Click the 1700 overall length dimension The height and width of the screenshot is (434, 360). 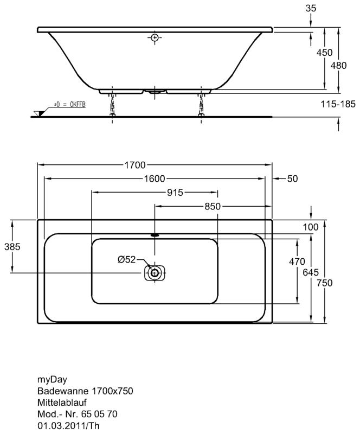tap(135, 165)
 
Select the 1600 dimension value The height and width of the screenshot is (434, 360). tap(155, 179)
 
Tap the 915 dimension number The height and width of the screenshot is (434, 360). tap(175, 193)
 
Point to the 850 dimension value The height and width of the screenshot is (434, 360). tap(213, 207)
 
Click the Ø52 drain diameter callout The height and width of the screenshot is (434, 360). tap(127, 260)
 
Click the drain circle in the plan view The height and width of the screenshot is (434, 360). tap(155, 273)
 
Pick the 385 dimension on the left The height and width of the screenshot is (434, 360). tap(12, 246)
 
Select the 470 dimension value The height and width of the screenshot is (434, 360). tap(297, 261)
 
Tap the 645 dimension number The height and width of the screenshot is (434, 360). tap(311, 272)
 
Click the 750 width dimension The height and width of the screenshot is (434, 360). tap(325, 283)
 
